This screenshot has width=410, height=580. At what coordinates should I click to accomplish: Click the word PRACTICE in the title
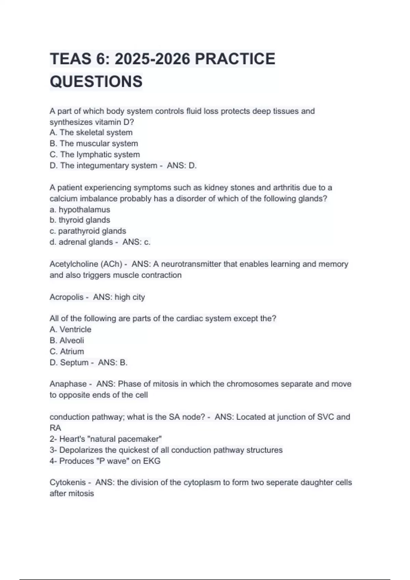pos(235,59)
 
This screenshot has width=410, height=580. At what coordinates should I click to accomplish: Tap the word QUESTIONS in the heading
pos(96,82)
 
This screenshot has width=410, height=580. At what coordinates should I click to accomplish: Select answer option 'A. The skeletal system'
pos(91,132)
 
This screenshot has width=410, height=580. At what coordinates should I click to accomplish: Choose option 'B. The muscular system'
pos(94,143)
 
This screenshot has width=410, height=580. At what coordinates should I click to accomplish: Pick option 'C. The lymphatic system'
pos(95,155)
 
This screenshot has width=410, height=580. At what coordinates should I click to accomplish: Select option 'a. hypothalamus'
pos(80,209)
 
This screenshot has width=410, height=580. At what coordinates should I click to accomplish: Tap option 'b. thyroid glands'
pos(80,220)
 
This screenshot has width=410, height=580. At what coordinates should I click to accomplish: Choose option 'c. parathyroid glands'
pos(88,231)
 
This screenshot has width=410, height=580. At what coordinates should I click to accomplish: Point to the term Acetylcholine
pos(73,264)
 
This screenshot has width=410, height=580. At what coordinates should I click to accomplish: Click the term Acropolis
pos(66,297)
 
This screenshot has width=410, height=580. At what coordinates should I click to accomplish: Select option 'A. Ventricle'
pos(70,330)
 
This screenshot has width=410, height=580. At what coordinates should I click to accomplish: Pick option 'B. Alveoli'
pos(67,340)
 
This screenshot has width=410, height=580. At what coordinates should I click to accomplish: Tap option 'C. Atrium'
pos(67,351)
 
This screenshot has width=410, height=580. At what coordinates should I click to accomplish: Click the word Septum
pos(74,362)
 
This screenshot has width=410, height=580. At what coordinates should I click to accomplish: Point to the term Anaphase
pos(68,384)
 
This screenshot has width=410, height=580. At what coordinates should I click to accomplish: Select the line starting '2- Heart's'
pos(106,439)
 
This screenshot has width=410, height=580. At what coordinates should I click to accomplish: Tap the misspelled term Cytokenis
pos(68,482)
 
